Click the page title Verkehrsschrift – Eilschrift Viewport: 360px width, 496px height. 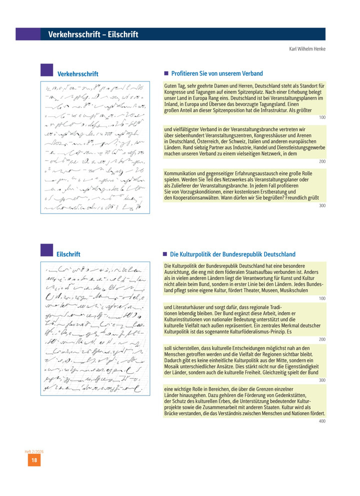(93, 34)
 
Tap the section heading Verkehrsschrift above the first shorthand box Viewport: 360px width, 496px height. (77, 74)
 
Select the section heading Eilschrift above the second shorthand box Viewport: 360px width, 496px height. (68, 254)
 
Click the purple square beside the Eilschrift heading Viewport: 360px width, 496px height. (46, 250)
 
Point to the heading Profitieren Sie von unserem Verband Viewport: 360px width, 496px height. (216, 73)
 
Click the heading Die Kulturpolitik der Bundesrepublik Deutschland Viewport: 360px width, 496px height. (232, 254)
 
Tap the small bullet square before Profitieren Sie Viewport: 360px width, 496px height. (166, 73)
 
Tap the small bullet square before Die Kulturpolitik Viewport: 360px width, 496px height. (166, 254)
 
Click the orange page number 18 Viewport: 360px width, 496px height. (34, 461)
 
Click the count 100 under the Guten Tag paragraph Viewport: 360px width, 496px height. (321, 117)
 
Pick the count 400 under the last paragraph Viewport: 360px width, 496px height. (321, 421)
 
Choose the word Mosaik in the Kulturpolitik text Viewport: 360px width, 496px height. (173, 367)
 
